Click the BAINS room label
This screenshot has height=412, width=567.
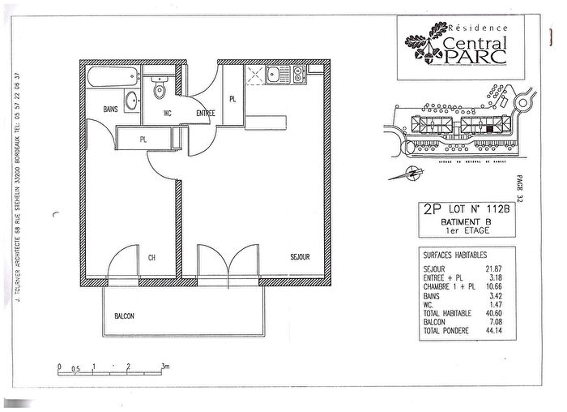coord(112,109)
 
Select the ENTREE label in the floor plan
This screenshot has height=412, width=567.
coord(205,114)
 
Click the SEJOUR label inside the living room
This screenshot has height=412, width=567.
coord(301,258)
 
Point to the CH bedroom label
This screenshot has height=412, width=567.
coord(151,259)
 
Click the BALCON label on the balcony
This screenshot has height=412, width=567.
coord(124,316)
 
